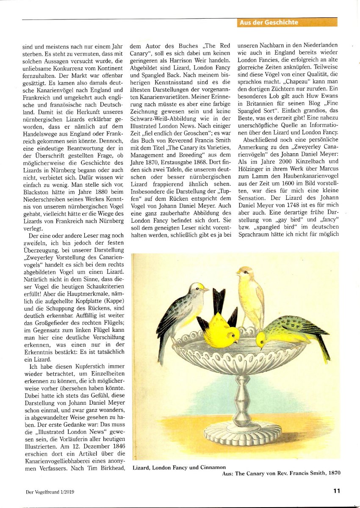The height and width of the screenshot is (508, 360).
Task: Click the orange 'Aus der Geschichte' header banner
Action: [x=287, y=22]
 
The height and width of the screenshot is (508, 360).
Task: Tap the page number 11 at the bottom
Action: [x=337, y=491]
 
